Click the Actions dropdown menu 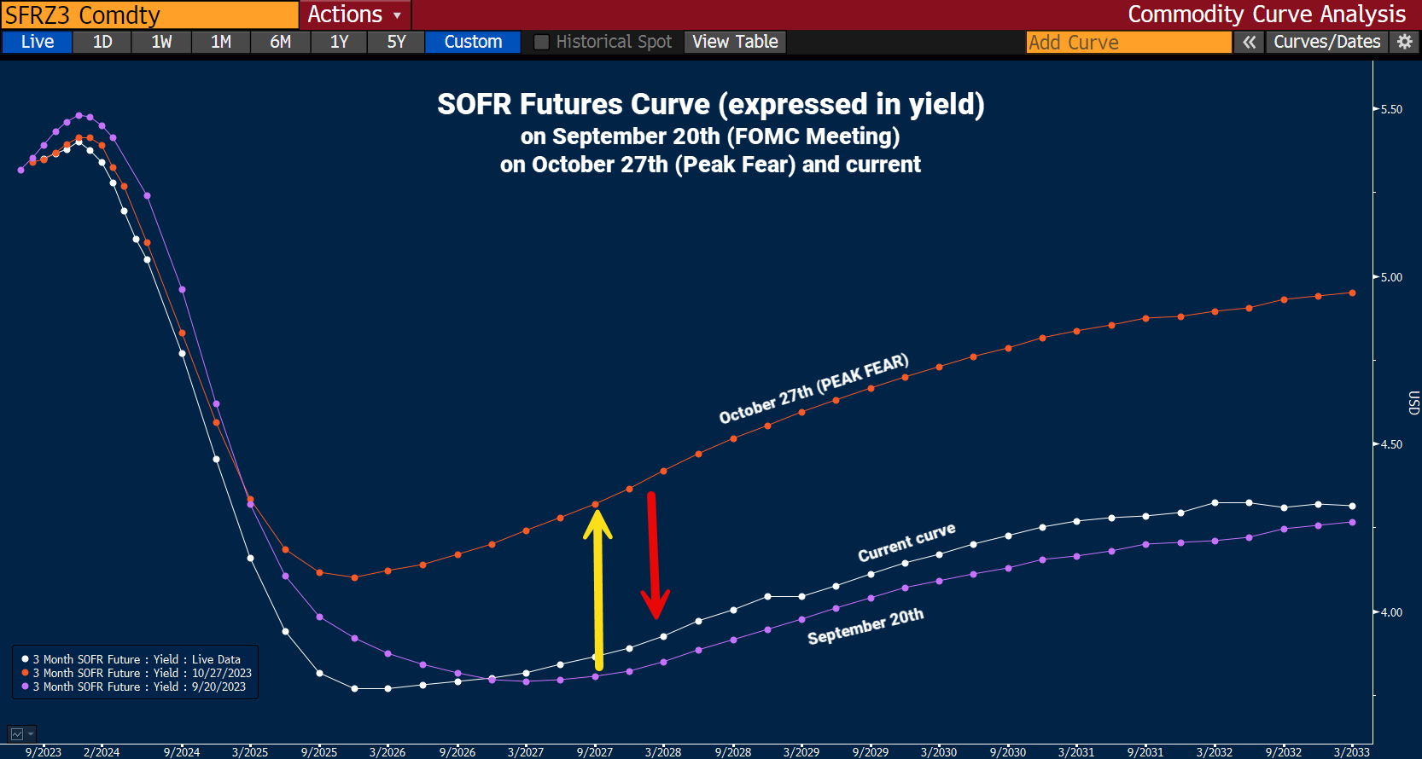tap(354, 14)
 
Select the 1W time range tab tap(161, 42)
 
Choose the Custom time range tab tap(473, 42)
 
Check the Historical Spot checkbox tap(541, 42)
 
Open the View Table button tap(735, 42)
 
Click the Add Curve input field tap(1128, 42)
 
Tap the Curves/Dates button tap(1326, 42)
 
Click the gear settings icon tap(1405, 42)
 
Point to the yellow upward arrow tap(597, 588)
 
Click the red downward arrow tap(654, 554)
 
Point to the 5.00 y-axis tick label tap(1391, 277)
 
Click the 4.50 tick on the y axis tap(1391, 444)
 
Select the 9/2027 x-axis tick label tap(595, 751)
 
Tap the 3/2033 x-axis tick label tap(1351, 751)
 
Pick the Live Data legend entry tap(137, 659)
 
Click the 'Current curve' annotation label tap(906, 543)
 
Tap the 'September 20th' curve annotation tap(865, 627)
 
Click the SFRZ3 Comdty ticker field tap(149, 14)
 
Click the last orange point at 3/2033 tap(1352, 293)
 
